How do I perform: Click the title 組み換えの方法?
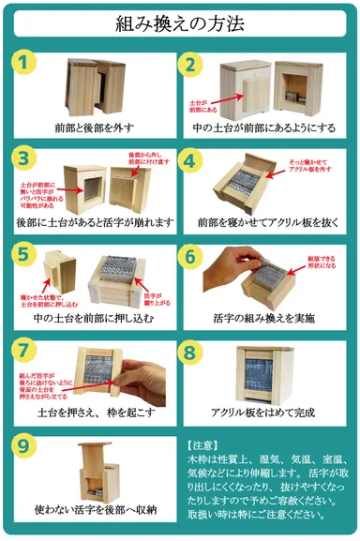[180, 23]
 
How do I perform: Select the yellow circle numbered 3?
[25, 158]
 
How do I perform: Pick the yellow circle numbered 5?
[25, 253]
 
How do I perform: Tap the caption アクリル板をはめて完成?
[264, 410]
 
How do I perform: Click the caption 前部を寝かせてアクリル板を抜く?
[264, 221]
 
